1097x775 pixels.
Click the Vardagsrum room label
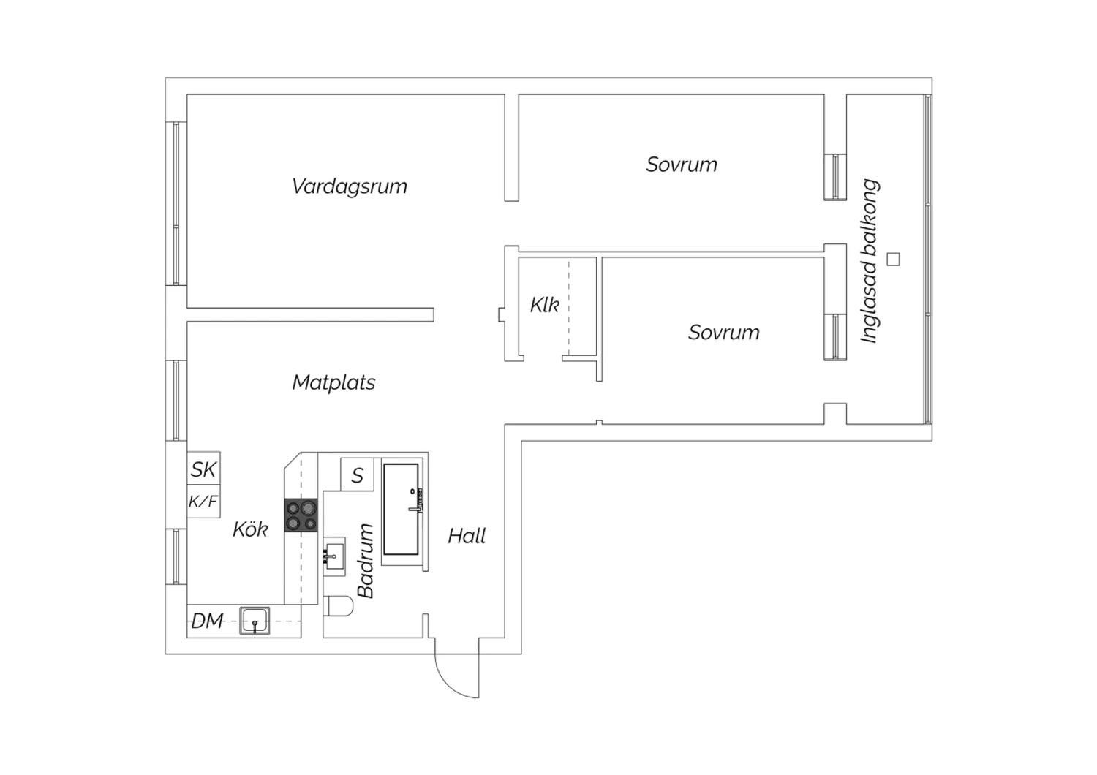click(349, 186)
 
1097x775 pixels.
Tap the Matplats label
click(333, 382)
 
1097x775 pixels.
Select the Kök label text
click(250, 529)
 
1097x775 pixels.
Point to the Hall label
click(467, 536)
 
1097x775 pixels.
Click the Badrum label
click(366, 561)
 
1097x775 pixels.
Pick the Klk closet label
click(545, 305)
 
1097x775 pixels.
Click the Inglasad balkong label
click(870, 261)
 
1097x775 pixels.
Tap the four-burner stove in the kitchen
click(301, 515)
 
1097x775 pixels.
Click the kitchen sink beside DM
click(255, 621)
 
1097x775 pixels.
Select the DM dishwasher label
click(207, 621)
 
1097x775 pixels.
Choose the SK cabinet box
click(204, 468)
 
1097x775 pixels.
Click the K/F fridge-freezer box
click(204, 502)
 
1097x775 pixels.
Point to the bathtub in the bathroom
click(401, 509)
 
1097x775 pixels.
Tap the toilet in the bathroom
click(338, 606)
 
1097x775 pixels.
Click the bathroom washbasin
click(334, 556)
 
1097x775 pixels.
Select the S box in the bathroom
click(357, 475)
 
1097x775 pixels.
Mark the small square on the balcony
click(893, 259)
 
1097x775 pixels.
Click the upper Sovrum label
click(681, 165)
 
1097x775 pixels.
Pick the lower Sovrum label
click(724, 333)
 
